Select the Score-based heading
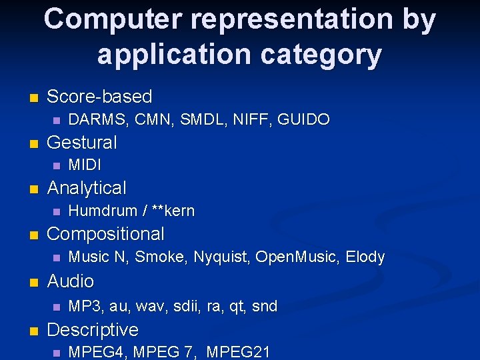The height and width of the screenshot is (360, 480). tap(99, 97)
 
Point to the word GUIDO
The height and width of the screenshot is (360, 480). tap(303, 120)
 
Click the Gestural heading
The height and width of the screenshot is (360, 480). tap(81, 143)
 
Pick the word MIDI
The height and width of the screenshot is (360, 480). tap(85, 165)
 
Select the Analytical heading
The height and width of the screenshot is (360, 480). tap(86, 188)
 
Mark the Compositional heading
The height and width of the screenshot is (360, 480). tap(105, 234)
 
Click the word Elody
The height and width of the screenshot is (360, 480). tap(365, 257)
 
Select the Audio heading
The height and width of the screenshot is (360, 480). tap(70, 281)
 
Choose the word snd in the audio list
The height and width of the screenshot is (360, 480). tap(265, 307)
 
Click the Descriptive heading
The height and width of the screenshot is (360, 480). tap(93, 330)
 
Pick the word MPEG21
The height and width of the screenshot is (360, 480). tap(238, 352)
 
